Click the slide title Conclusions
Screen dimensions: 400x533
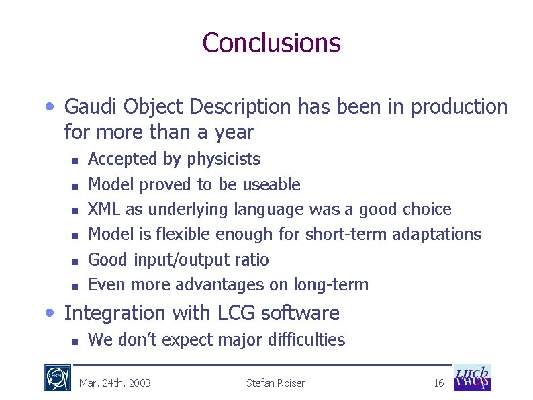(x=271, y=42)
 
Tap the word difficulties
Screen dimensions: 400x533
(x=305, y=340)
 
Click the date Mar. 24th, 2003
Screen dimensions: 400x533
(x=115, y=383)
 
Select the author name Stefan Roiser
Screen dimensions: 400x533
(x=275, y=383)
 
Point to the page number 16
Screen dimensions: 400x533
(x=439, y=383)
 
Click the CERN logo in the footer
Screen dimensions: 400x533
(x=54, y=378)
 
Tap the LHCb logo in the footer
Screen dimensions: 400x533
(x=473, y=378)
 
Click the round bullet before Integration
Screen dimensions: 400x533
(x=51, y=312)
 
